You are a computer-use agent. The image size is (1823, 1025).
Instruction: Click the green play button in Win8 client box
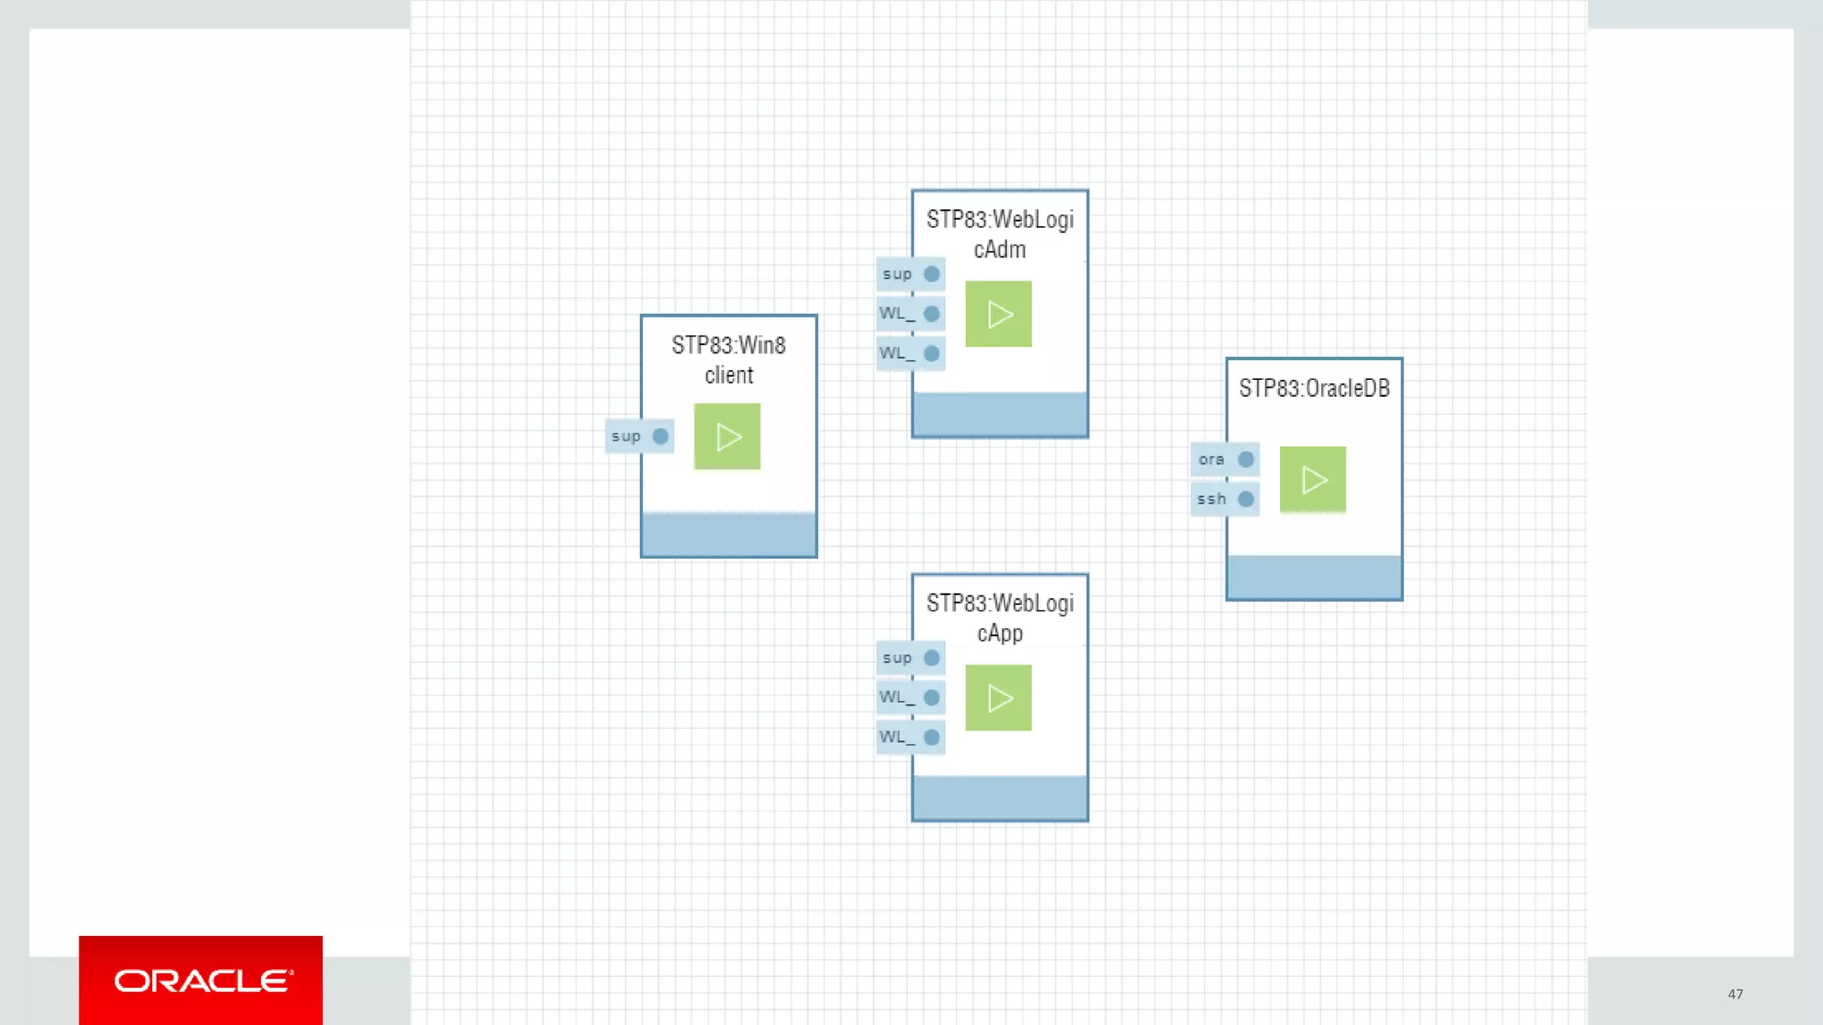pyautogui.click(x=727, y=436)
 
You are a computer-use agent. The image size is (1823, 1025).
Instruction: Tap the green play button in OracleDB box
pyautogui.click(x=1313, y=480)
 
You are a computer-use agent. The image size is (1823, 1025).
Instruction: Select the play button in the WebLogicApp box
pyautogui.click(x=999, y=698)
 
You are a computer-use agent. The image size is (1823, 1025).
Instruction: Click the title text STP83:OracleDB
pyautogui.click(x=1314, y=388)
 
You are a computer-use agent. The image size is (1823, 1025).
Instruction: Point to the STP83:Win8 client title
pyautogui.click(x=728, y=359)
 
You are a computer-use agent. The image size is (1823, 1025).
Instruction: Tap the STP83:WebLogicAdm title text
pyautogui.click(x=1000, y=234)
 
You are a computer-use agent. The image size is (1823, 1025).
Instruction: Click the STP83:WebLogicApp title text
pyautogui.click(x=1000, y=617)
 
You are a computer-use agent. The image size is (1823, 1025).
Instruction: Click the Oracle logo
pyautogui.click(x=201, y=981)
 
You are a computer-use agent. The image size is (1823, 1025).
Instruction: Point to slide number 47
pyautogui.click(x=1735, y=994)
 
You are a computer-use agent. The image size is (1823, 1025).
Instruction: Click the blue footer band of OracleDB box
pyautogui.click(x=1314, y=577)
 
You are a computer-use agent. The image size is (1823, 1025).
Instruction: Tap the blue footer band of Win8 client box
pyautogui.click(x=728, y=534)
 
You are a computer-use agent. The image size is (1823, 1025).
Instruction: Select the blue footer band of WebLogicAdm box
pyautogui.click(x=1000, y=414)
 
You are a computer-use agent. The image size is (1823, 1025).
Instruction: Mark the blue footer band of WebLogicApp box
pyautogui.click(x=1000, y=797)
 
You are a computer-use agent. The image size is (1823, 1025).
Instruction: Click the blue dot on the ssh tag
pyautogui.click(x=1245, y=499)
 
